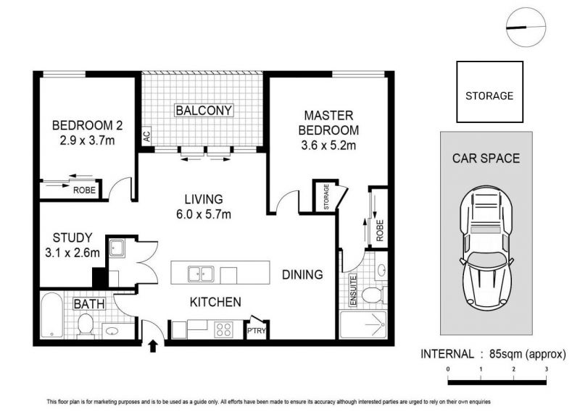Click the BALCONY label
pos(204,111)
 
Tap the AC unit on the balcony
pos(147,136)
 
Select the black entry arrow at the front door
pos(153,347)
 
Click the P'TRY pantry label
pos(257,331)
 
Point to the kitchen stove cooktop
pos(224,329)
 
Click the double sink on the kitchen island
pos(201,274)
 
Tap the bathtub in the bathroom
pos(51,315)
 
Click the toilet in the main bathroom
pos(86,325)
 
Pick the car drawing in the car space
pos(486,250)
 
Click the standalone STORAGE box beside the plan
pos(489,92)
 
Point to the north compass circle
pos(526,28)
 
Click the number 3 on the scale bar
pos(546,369)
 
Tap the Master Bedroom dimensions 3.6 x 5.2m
pos(328,146)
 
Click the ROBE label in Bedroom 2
pos(84,190)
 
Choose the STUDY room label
pos(72,237)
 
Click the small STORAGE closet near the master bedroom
pos(326,197)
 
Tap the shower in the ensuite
pos(363,324)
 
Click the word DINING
pos(302,274)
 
